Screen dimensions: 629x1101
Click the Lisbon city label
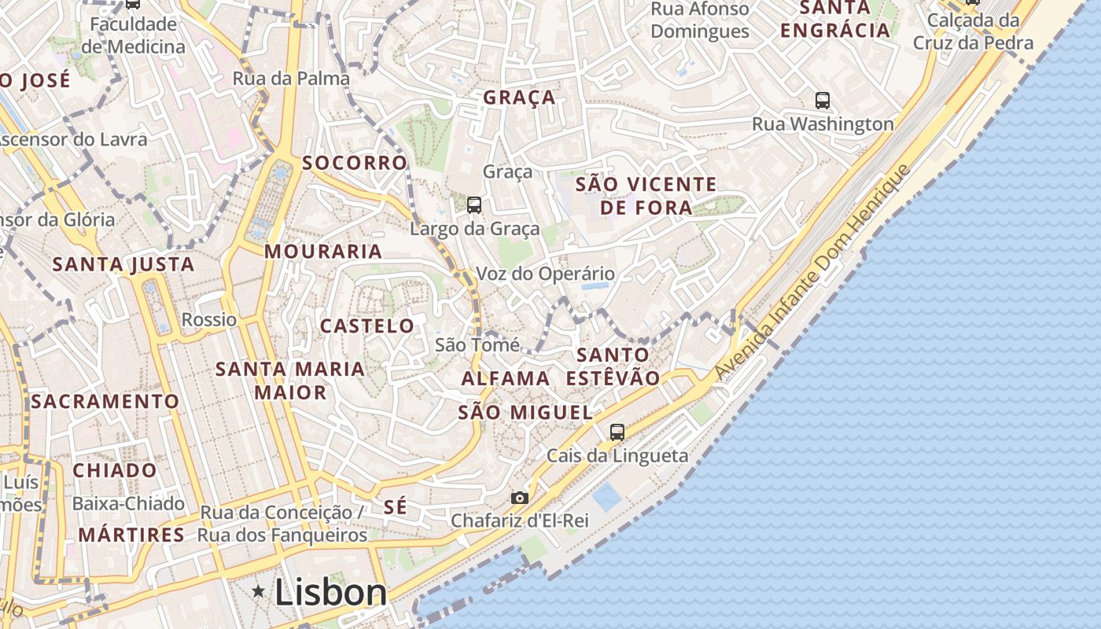(330, 593)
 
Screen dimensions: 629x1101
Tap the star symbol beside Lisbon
(258, 590)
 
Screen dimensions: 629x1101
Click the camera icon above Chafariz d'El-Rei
(519, 498)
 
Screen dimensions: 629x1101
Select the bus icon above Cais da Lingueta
(617, 432)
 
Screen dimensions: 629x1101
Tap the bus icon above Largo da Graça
(474, 205)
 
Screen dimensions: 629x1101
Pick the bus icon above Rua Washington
(822, 101)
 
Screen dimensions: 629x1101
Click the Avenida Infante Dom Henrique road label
(812, 272)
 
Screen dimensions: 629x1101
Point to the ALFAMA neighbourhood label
(506, 378)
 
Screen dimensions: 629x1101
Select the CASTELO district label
(366, 326)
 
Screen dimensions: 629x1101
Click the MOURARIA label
(322, 252)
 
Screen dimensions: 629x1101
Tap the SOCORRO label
(355, 163)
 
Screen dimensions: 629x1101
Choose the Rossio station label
(208, 319)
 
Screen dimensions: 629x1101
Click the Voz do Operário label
(545, 274)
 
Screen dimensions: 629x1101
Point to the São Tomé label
(477, 344)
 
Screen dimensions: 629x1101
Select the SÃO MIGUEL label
(525, 413)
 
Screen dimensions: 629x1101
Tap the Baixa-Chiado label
(128, 503)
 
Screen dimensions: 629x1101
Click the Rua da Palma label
(291, 79)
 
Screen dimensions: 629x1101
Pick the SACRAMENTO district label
(105, 401)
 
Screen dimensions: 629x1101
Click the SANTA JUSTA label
(123, 264)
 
